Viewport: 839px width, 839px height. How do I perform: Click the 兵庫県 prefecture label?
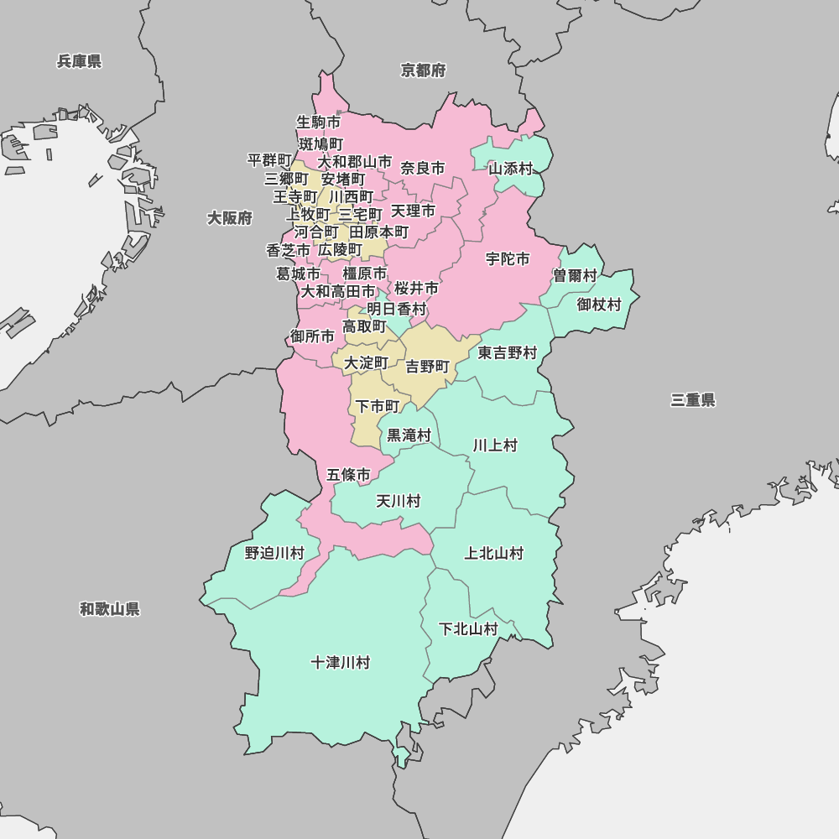[x=79, y=61]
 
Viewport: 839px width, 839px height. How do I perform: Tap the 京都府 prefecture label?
[x=423, y=70]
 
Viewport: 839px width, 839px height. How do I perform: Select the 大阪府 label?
[x=230, y=218]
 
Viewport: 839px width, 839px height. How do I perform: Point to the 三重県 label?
[x=693, y=400]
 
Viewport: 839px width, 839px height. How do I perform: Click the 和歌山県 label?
[x=110, y=609]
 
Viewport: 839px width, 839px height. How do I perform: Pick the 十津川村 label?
[x=340, y=663]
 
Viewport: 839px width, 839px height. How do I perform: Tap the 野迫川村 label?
[x=274, y=553]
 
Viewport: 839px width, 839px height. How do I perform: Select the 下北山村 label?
[x=468, y=629]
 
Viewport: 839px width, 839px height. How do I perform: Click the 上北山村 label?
[x=494, y=553]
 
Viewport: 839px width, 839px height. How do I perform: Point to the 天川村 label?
[x=398, y=502]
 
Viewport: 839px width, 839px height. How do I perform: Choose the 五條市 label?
[x=348, y=475]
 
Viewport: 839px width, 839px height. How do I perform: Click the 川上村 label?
[x=495, y=446]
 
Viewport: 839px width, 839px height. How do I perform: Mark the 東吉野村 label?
[x=508, y=353]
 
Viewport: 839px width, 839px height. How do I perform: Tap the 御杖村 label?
[x=599, y=305]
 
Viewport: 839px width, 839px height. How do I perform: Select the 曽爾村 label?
[x=575, y=276]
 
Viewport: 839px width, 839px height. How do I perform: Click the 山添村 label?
[x=511, y=169]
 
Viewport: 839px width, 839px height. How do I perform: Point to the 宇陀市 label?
[x=508, y=259]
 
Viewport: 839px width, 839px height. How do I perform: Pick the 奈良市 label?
[x=423, y=169]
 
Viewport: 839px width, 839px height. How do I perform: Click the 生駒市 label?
[x=319, y=122]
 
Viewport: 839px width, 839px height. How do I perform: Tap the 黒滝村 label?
[x=409, y=435]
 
